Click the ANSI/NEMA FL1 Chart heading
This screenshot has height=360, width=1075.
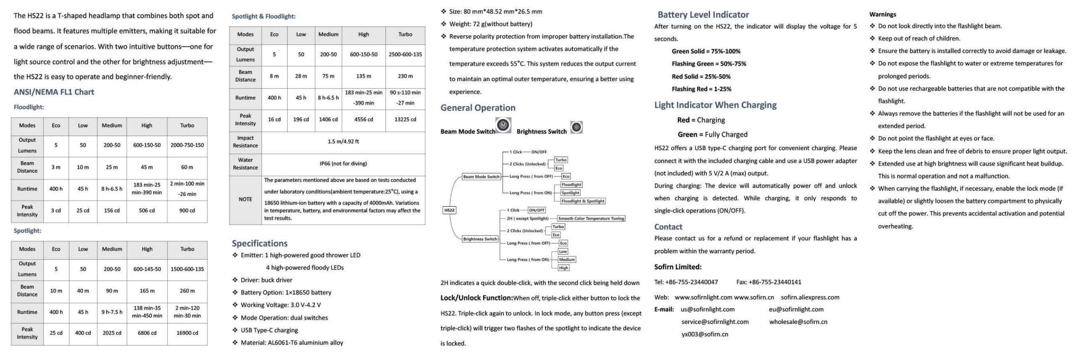(54, 92)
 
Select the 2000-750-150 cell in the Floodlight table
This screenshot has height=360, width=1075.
(187, 145)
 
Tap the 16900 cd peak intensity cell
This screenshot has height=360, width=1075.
(187, 333)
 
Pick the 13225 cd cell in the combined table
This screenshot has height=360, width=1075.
(405, 120)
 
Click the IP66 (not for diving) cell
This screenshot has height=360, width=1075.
(343, 163)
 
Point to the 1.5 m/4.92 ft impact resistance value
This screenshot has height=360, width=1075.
(343, 142)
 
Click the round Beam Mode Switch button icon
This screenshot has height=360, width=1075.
(503, 125)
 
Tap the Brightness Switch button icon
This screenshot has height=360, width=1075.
(577, 127)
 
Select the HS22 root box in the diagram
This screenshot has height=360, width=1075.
(449, 210)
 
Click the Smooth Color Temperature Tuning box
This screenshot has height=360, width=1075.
(591, 218)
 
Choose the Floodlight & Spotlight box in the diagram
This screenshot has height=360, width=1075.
(583, 201)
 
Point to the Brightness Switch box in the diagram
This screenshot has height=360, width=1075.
(480, 239)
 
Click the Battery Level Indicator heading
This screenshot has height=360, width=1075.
(703, 15)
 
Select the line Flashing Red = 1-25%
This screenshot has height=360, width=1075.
(701, 89)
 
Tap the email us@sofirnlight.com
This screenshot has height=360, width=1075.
(708, 310)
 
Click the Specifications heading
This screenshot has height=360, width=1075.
(260, 244)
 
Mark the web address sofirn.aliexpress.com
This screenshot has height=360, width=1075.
(810, 297)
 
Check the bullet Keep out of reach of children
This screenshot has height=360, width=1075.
(919, 39)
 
